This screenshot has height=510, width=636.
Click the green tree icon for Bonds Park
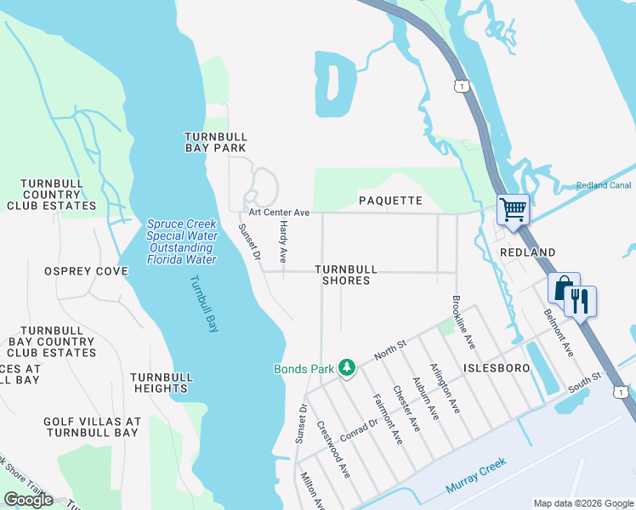point(346,368)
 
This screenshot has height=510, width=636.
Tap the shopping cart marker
point(513,209)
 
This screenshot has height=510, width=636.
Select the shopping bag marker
point(563,288)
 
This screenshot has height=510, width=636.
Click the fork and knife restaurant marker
point(581,301)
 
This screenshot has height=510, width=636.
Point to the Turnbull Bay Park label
point(216,142)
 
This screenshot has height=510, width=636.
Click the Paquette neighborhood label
point(390,201)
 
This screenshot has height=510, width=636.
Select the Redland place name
point(527,252)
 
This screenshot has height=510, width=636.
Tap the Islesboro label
point(496,368)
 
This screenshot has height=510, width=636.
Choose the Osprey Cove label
point(86,271)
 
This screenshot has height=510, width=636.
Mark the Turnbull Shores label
point(346,275)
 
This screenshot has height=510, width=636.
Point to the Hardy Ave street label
point(284,243)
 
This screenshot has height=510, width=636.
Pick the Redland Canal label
point(603,185)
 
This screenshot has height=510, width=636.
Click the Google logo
point(28,500)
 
